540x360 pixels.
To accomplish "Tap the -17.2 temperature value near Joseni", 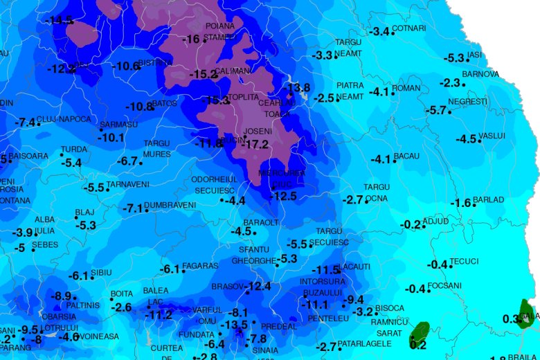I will click(256, 145).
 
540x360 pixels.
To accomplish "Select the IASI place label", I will click(474, 55).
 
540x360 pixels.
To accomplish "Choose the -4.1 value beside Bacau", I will click(381, 159).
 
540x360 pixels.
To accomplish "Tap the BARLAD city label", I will click(489, 200).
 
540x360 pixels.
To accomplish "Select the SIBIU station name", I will click(101, 273).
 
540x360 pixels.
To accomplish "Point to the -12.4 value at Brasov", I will click(258, 286).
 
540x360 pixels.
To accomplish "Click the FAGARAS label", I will click(202, 266).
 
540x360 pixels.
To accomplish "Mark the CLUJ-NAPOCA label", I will click(64, 119).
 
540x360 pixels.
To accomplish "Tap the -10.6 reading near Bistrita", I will click(125, 66).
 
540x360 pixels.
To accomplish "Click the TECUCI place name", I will click(464, 261).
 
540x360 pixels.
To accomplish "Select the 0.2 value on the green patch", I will click(418, 344).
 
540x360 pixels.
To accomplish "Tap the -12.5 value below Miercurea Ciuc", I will click(283, 196).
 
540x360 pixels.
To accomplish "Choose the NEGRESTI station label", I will click(468, 102).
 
